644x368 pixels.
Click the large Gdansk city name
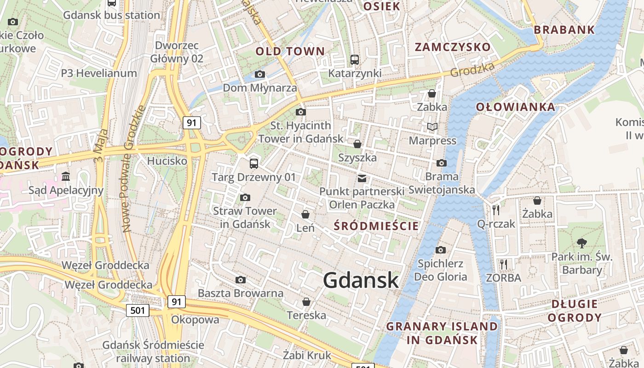(361, 280)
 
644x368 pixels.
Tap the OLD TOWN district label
(290, 51)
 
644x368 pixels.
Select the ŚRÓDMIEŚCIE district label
(376, 226)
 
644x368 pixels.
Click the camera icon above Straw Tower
(245, 197)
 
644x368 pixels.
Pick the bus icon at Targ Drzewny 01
(253, 163)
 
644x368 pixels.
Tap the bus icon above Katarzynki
(354, 59)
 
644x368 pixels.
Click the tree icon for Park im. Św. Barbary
(582, 243)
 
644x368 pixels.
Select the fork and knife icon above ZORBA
(504, 264)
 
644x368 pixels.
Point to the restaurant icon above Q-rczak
(496, 210)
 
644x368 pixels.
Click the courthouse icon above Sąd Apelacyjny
(66, 176)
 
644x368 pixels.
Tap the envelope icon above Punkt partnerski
(362, 178)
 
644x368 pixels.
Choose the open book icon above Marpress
(432, 126)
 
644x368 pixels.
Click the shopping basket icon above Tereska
(306, 302)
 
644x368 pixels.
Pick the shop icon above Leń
(305, 214)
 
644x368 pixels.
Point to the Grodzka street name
(472, 69)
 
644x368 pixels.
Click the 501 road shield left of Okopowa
(138, 310)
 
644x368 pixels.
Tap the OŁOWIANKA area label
(515, 107)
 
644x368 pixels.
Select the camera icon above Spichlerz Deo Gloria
(441, 250)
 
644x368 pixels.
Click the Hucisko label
(167, 161)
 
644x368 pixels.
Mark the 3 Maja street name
(101, 146)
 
